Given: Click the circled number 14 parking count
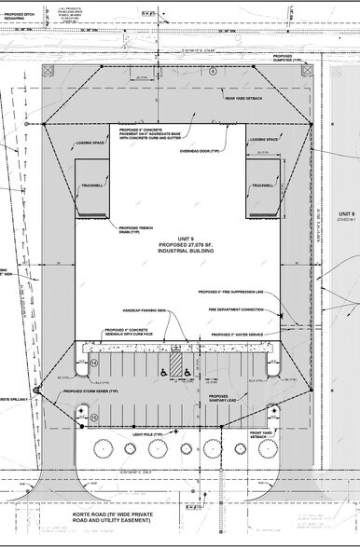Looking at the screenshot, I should (x=94, y=362).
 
